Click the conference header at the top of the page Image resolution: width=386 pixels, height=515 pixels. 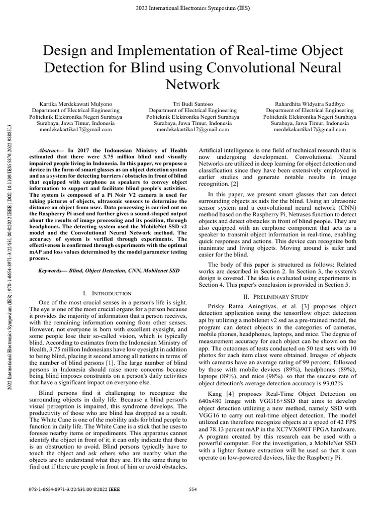193,8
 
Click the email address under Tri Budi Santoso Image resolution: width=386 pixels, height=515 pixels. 193,129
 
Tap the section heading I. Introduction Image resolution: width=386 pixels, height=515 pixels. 107,293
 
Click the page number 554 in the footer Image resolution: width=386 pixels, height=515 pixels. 193,489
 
